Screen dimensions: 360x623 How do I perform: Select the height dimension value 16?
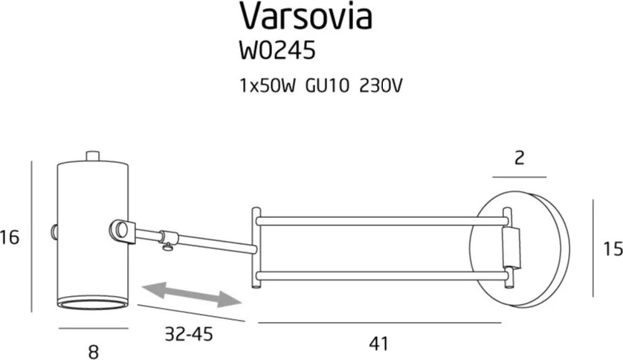(10, 238)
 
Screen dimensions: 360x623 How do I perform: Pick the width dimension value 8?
(94, 351)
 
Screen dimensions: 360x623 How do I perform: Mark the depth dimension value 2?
(520, 157)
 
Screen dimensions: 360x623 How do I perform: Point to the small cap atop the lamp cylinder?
(93, 155)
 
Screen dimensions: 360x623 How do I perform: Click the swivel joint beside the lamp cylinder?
(122, 231)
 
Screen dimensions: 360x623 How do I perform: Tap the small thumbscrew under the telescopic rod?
(170, 243)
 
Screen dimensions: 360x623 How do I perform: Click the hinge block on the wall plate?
(510, 249)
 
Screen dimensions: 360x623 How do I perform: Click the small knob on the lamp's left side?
(54, 231)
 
